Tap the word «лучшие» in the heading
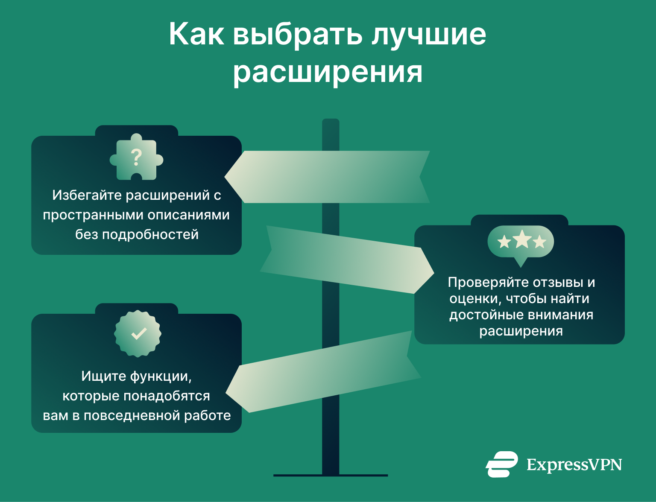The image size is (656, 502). pos(429,34)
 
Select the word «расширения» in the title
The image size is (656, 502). pos(328,72)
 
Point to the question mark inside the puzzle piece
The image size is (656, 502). pos(136,158)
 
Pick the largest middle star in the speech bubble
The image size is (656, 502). pos(521,239)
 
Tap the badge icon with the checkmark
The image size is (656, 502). pos(138,333)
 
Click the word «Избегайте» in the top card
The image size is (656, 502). pos(87,195)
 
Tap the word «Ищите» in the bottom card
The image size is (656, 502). pos(104,376)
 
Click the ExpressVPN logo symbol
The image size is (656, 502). pos(501,464)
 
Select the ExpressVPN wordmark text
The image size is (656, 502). pos(574,464)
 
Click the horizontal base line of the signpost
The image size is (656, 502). pos(331,475)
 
